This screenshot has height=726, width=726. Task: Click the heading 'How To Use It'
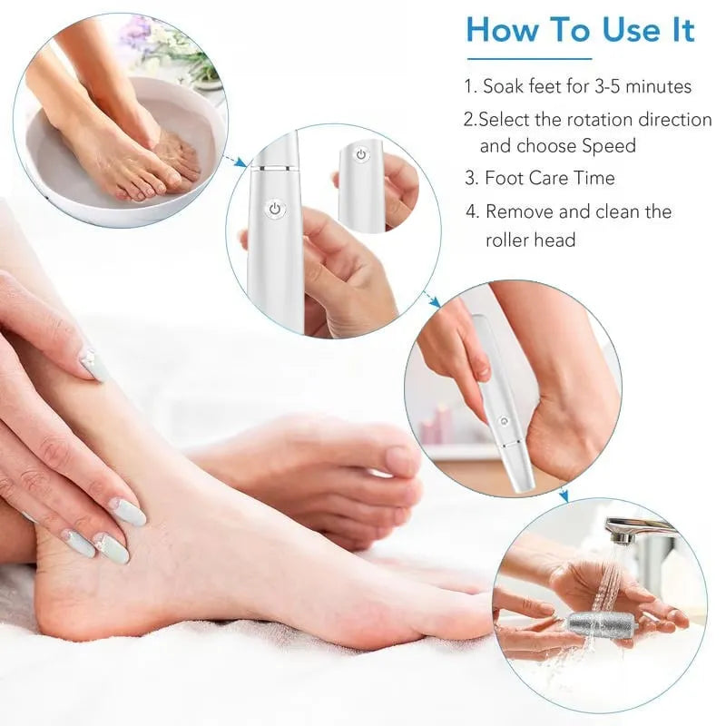coord(580,31)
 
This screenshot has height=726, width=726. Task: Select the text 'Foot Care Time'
coord(550,178)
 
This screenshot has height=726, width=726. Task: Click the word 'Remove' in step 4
coord(517,211)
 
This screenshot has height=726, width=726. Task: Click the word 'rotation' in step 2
coord(597,119)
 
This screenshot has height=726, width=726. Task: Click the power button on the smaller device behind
coord(360,155)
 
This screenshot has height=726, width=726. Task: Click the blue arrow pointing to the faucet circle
coord(563,495)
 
